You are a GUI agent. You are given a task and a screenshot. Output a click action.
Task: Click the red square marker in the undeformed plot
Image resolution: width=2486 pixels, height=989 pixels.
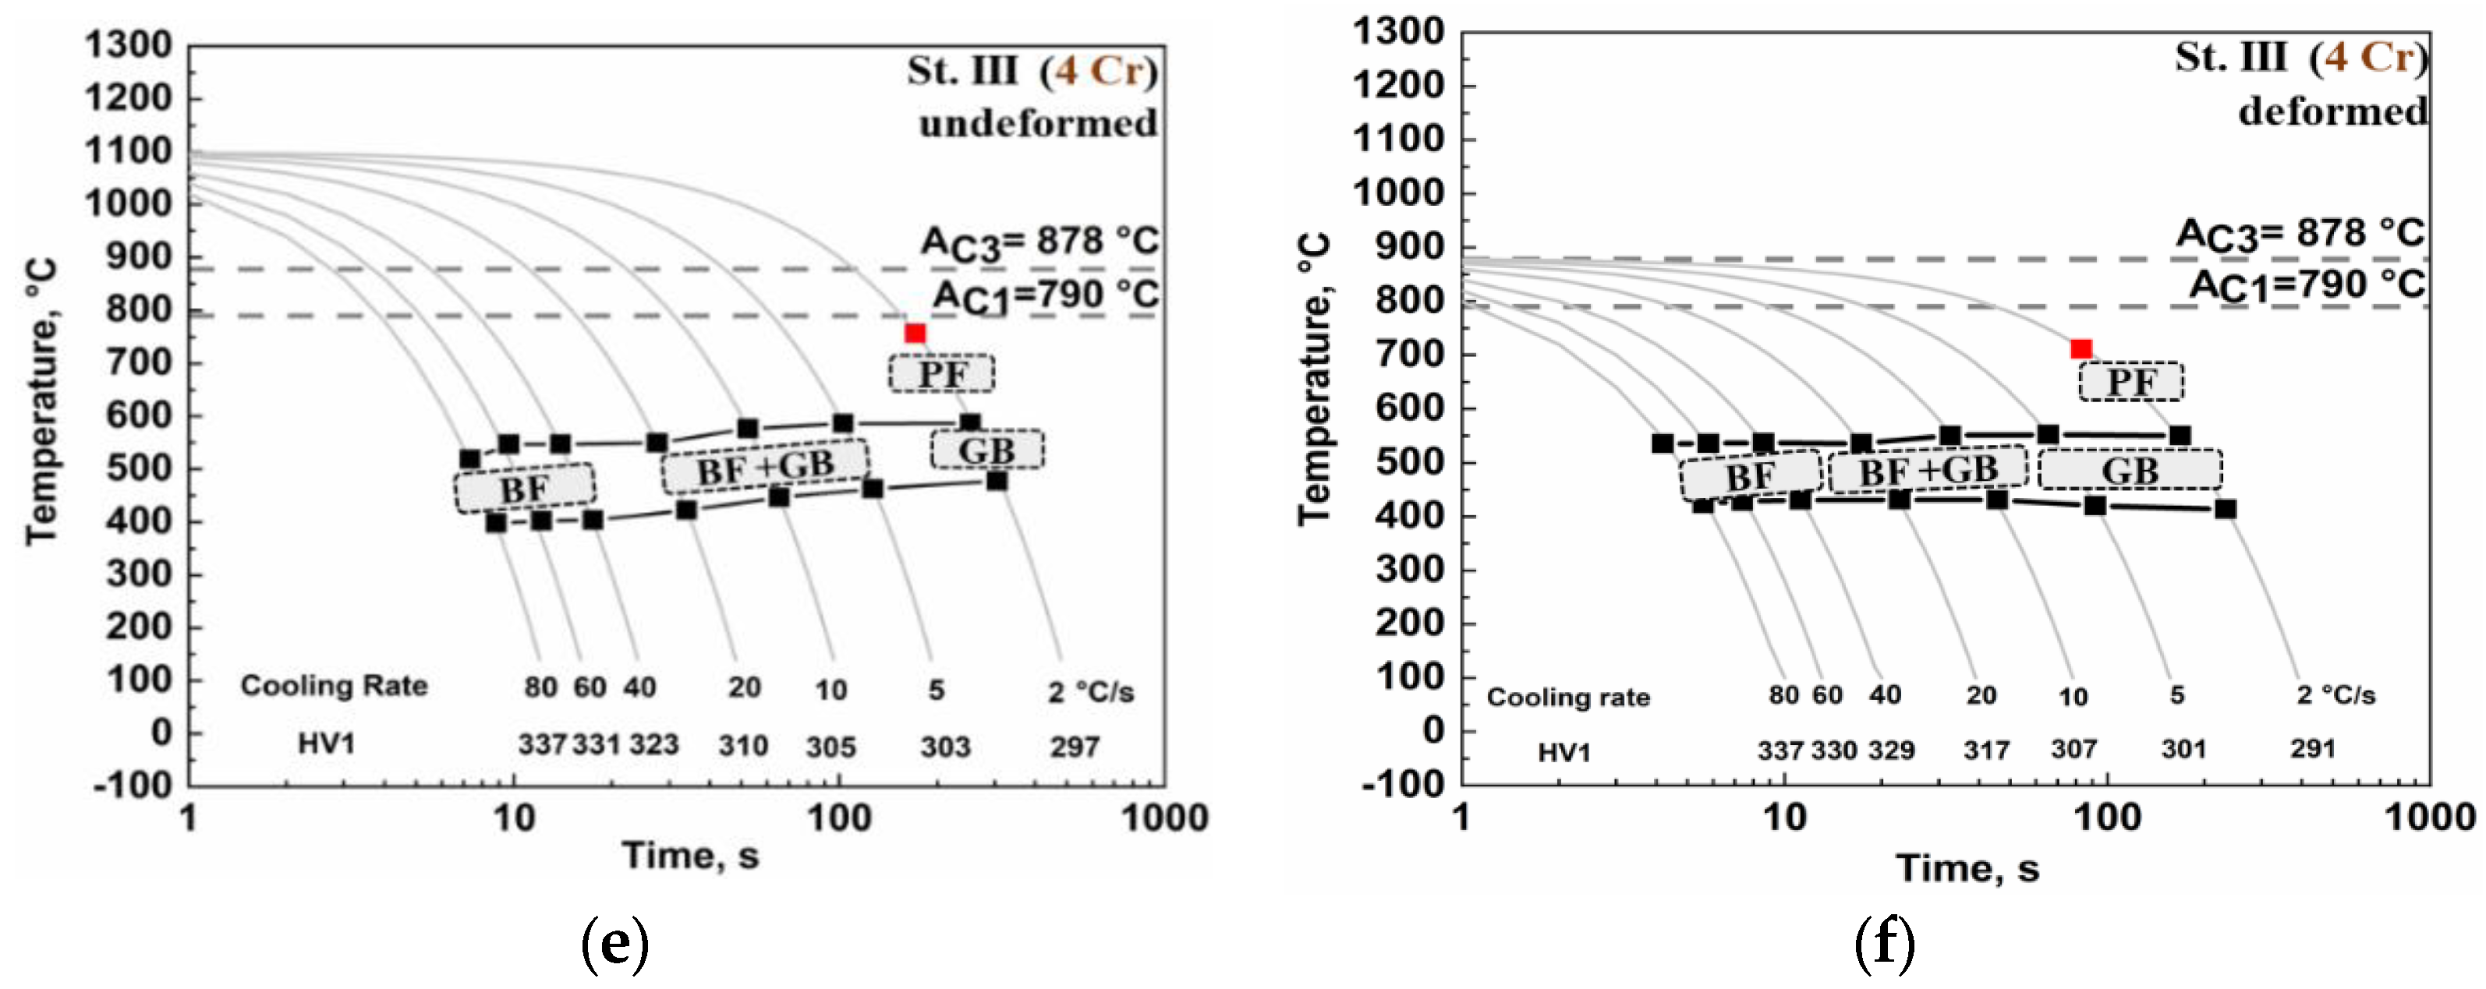pyautogui.click(x=915, y=334)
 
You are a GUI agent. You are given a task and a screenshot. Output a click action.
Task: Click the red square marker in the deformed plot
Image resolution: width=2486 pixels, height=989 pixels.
pyautogui.click(x=2081, y=349)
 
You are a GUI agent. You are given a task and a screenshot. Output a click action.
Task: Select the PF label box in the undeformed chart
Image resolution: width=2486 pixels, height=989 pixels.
pyautogui.click(x=941, y=373)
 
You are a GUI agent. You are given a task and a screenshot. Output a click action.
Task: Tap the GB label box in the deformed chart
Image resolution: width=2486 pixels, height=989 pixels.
pyautogui.click(x=2130, y=471)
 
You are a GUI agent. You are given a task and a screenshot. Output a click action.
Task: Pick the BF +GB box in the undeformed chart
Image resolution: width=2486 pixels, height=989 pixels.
pyautogui.click(x=764, y=467)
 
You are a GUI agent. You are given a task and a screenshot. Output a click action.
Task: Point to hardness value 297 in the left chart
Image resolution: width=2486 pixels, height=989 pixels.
pyautogui.click(x=1074, y=747)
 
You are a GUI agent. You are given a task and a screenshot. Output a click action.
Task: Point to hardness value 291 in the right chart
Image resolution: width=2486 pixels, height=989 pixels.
pyautogui.click(x=2312, y=749)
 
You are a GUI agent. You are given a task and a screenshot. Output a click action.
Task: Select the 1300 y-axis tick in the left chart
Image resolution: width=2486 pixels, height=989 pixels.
pyautogui.click(x=129, y=45)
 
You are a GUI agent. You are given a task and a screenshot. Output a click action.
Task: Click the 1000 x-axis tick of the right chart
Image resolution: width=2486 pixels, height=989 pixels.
pyautogui.click(x=2429, y=818)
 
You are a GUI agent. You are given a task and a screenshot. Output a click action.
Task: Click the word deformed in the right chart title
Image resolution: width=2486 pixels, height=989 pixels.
pyautogui.click(x=2332, y=112)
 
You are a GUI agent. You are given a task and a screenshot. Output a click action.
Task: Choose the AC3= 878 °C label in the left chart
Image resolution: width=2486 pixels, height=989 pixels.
pyautogui.click(x=1039, y=242)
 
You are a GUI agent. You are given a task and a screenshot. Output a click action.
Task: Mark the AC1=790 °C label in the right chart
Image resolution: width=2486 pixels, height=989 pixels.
pyautogui.click(x=2307, y=285)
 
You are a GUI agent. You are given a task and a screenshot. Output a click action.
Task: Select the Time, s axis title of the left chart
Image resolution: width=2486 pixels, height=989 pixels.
pyautogui.click(x=690, y=856)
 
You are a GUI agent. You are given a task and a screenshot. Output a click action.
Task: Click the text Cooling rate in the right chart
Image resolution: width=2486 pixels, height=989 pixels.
pyautogui.click(x=1567, y=698)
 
